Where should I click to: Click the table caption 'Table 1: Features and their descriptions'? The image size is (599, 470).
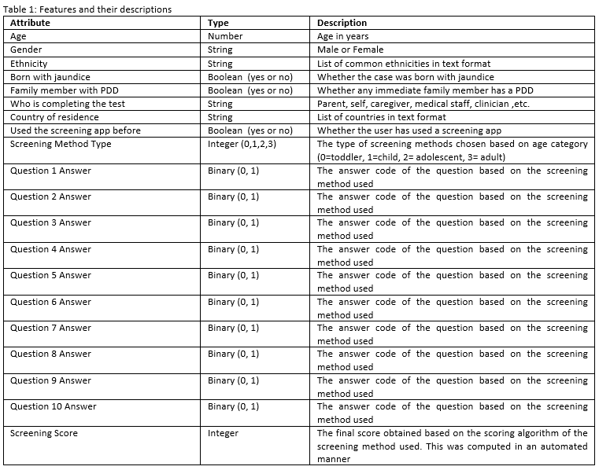click(x=87, y=9)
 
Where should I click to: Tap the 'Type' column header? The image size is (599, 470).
click(x=218, y=23)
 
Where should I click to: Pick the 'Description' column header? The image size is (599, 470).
click(x=342, y=23)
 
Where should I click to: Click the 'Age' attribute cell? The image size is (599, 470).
click(x=18, y=36)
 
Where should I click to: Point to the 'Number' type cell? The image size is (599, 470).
click(x=225, y=36)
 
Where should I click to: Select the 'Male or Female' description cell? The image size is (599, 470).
click(x=350, y=50)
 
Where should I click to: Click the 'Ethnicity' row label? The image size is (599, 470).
click(x=29, y=63)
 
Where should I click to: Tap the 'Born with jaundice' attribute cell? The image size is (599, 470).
click(x=50, y=77)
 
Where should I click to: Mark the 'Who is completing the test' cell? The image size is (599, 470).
click(x=68, y=104)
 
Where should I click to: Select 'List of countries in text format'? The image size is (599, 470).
click(x=381, y=117)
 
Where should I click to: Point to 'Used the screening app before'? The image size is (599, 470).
click(x=76, y=130)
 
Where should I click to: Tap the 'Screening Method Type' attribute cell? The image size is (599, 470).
click(x=61, y=144)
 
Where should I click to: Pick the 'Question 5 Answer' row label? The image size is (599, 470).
click(x=50, y=275)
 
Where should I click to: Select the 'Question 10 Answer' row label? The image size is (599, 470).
click(x=54, y=406)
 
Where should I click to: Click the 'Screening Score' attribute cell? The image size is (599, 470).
click(x=44, y=433)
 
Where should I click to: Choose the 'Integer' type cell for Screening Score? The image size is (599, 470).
click(x=223, y=433)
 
